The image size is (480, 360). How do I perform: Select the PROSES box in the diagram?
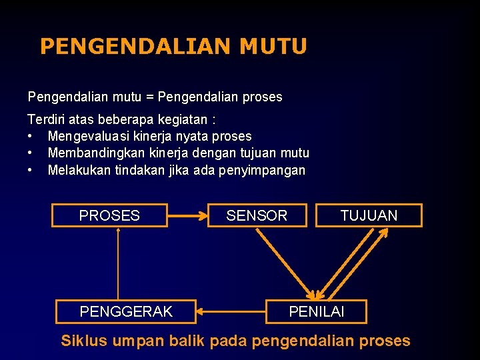point(109,215)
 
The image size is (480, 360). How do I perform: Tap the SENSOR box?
point(257,215)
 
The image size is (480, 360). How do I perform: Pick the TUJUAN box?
point(369,215)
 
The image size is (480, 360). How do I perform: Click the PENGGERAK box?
point(126,311)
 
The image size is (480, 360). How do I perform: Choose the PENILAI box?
point(316,311)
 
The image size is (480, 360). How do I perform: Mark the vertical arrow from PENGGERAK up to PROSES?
point(118,263)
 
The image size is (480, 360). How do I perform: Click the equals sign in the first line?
point(149,97)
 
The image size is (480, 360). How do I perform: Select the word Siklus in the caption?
point(84,341)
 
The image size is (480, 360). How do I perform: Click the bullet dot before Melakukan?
point(31,170)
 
